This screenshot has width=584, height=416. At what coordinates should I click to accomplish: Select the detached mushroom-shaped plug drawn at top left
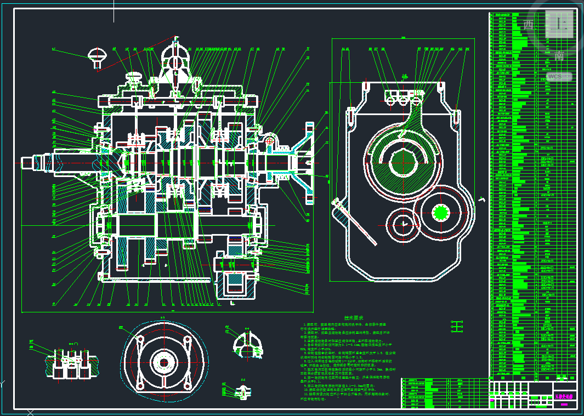tap(98, 57)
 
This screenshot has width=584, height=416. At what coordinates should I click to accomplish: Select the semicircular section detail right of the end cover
tap(245, 343)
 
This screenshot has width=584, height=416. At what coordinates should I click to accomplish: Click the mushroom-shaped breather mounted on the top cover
tap(134, 78)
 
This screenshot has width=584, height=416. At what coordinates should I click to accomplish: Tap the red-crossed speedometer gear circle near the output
tap(269, 140)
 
